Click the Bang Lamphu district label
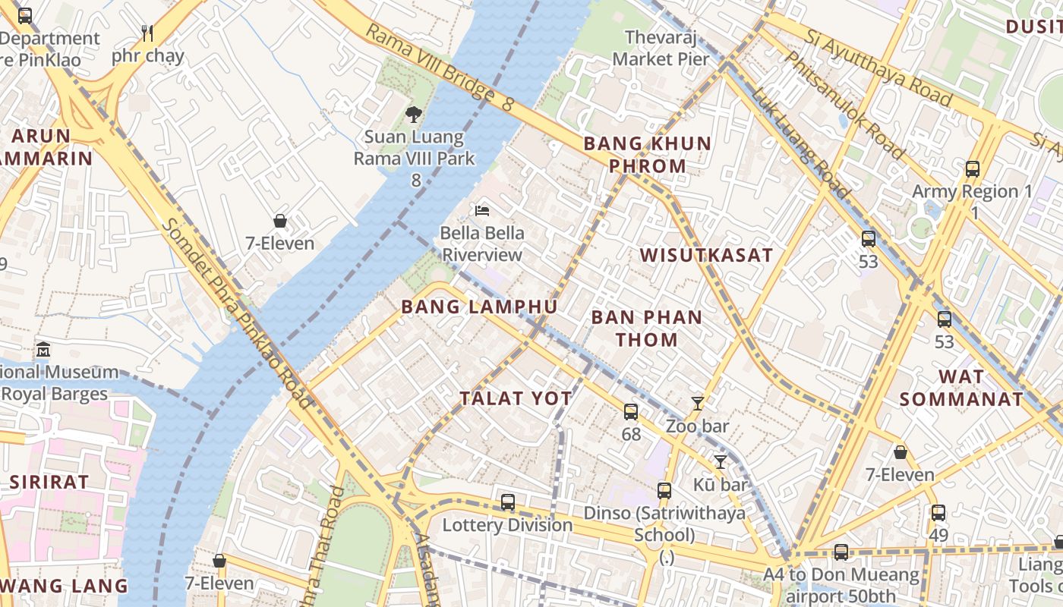click(x=479, y=307)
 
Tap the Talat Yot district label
click(x=516, y=398)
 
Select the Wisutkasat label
click(x=706, y=255)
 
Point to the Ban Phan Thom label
click(x=647, y=328)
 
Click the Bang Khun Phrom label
click(x=647, y=154)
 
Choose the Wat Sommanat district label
click(x=961, y=388)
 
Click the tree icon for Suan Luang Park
click(x=414, y=115)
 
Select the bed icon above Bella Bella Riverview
click(x=482, y=210)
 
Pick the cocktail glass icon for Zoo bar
click(x=697, y=404)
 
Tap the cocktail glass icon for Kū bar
click(x=720, y=461)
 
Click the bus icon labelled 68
click(x=631, y=412)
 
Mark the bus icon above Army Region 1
click(x=973, y=169)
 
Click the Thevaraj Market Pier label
click(x=661, y=47)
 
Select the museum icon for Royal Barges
click(x=43, y=350)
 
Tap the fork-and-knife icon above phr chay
click(x=147, y=33)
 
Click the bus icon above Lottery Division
click(x=508, y=502)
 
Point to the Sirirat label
click(x=49, y=482)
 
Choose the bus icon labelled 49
click(x=938, y=513)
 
